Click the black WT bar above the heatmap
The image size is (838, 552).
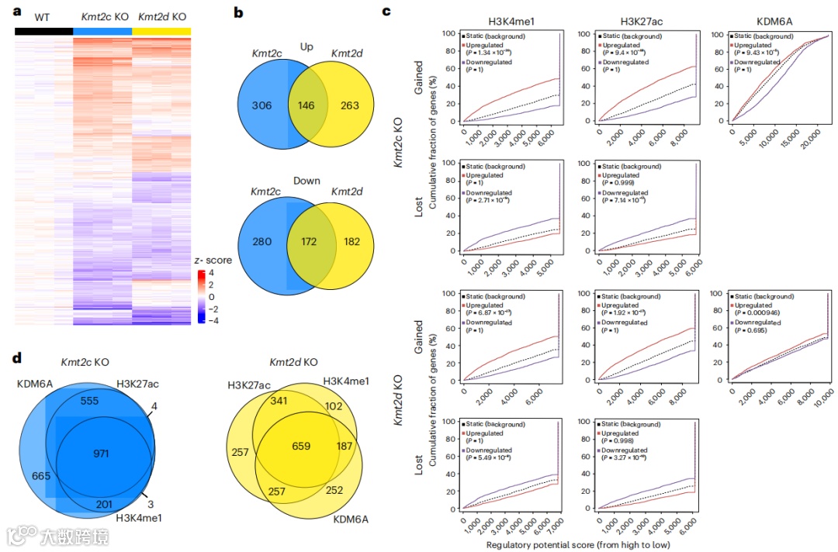[x=43, y=31]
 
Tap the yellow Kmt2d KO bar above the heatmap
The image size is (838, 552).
[x=161, y=31]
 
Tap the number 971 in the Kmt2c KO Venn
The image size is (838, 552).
[x=100, y=452]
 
